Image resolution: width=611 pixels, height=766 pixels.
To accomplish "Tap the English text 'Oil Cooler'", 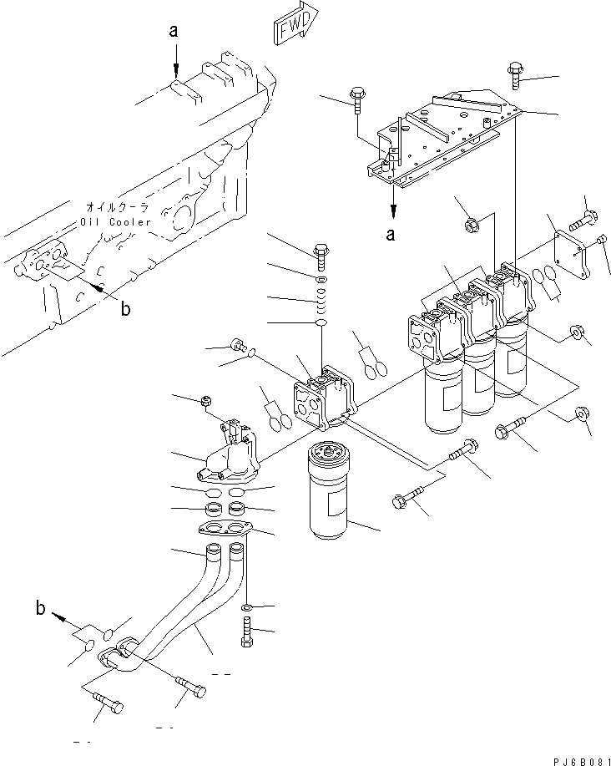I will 117,222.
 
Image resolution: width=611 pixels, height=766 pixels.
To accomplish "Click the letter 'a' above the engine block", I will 174,31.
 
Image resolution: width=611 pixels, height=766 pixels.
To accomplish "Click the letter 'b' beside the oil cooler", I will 125,310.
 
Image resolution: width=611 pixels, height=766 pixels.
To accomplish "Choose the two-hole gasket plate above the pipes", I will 225,528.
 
